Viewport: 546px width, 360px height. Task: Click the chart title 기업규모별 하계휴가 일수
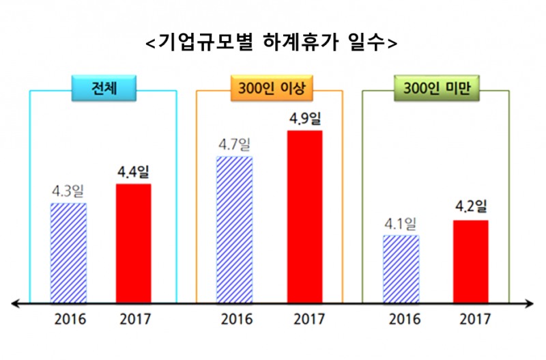coord(272,42)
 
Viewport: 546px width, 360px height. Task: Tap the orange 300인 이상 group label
coord(270,88)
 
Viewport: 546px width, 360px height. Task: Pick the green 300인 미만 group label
coord(437,88)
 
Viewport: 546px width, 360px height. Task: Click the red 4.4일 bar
coord(134,243)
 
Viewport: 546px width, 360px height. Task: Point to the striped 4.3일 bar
coord(68,252)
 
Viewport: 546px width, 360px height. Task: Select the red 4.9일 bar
coord(304,216)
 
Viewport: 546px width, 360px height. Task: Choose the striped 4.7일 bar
coord(235,229)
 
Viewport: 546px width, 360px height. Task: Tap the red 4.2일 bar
coord(471,261)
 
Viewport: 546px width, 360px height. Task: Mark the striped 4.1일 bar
coord(401,268)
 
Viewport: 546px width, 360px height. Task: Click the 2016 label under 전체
coord(70,319)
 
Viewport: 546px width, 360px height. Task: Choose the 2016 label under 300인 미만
coord(404,319)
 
